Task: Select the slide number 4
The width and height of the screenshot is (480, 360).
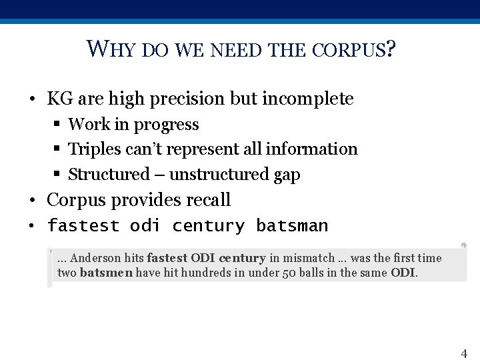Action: [464, 353]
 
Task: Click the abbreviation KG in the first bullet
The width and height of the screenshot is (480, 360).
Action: [60, 99]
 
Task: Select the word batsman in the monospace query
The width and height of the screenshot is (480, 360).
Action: [292, 226]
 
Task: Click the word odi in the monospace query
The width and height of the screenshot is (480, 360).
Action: [145, 226]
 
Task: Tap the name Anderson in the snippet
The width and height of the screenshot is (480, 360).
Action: [96, 258]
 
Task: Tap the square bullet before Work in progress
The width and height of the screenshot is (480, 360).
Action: [57, 125]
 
